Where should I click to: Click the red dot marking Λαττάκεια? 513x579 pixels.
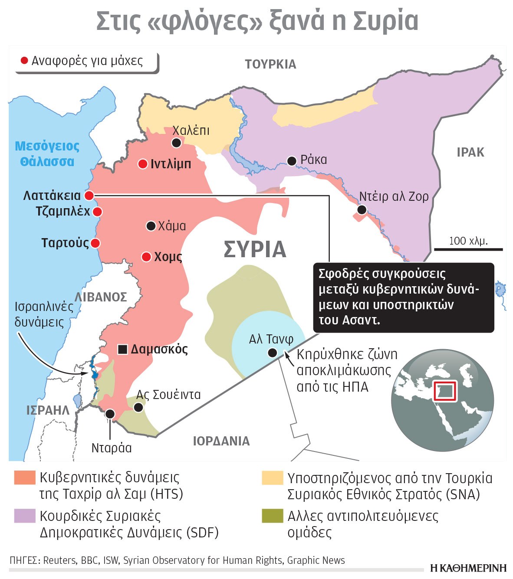pyautogui.click(x=89, y=196)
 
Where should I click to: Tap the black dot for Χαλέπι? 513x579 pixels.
pyautogui.click(x=176, y=143)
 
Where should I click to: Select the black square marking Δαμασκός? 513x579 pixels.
pyautogui.click(x=123, y=349)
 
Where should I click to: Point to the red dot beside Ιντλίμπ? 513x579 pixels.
pyautogui.click(x=143, y=164)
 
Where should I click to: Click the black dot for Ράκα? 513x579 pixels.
pyautogui.click(x=292, y=161)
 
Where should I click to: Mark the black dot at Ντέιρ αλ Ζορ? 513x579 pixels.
pyautogui.click(x=362, y=210)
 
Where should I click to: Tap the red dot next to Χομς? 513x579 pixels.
pyautogui.click(x=147, y=257)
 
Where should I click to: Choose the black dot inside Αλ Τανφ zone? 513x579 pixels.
pyautogui.click(x=273, y=353)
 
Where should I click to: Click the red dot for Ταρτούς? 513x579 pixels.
pyautogui.click(x=95, y=243)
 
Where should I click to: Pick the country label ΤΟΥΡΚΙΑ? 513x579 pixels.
pyautogui.click(x=270, y=65)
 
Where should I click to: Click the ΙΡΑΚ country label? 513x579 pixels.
pyautogui.click(x=470, y=152)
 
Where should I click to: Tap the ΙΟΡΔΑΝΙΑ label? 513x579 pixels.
pyautogui.click(x=221, y=441)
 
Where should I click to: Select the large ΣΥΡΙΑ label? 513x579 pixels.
pyautogui.click(x=255, y=249)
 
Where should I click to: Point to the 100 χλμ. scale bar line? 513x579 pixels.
pyautogui.click(x=468, y=249)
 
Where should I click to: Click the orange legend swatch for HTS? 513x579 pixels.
pyautogui.click(x=24, y=478)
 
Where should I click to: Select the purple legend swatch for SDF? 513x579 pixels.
pyautogui.click(x=24, y=516)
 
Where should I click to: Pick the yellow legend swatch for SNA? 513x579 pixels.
pyautogui.click(x=273, y=478)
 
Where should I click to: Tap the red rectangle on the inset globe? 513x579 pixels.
pyautogui.click(x=445, y=391)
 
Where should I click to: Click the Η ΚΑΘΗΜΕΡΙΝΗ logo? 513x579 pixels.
pyautogui.click(x=468, y=568)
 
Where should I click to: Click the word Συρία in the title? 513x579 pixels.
pyautogui.click(x=385, y=21)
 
